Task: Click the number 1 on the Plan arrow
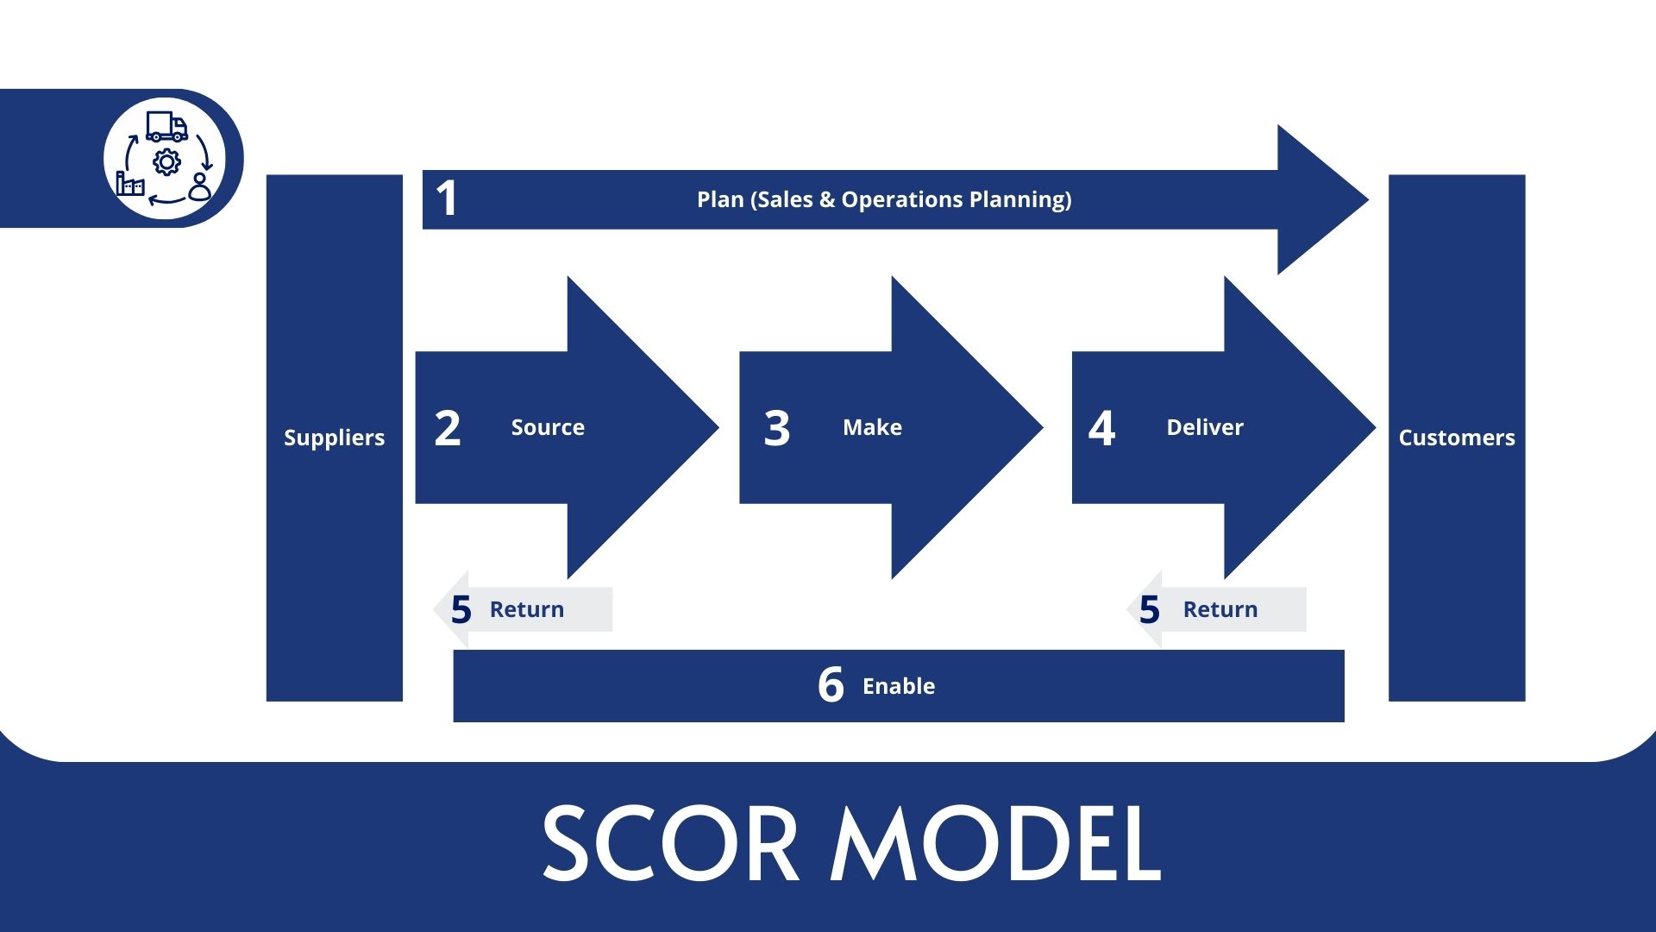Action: pos(446,198)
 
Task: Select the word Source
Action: pos(548,427)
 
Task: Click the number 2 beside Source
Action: pos(447,428)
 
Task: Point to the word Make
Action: pos(872,427)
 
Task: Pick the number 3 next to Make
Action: pos(776,428)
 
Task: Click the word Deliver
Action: pos(1204,427)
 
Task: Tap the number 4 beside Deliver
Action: pos(1101,428)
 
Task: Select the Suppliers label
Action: pos(334,438)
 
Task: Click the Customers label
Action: pos(1456,438)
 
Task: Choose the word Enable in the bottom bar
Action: pos(898,686)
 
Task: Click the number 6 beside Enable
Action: pos(831,685)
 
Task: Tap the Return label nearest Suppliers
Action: pos(526,609)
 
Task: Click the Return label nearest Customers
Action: pos(1220,609)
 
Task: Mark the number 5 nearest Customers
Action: pos(1149,610)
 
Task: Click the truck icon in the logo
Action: pos(166,127)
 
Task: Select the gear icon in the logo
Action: pos(166,161)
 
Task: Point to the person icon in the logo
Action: pos(200,187)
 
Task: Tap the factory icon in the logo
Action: pos(130,183)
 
